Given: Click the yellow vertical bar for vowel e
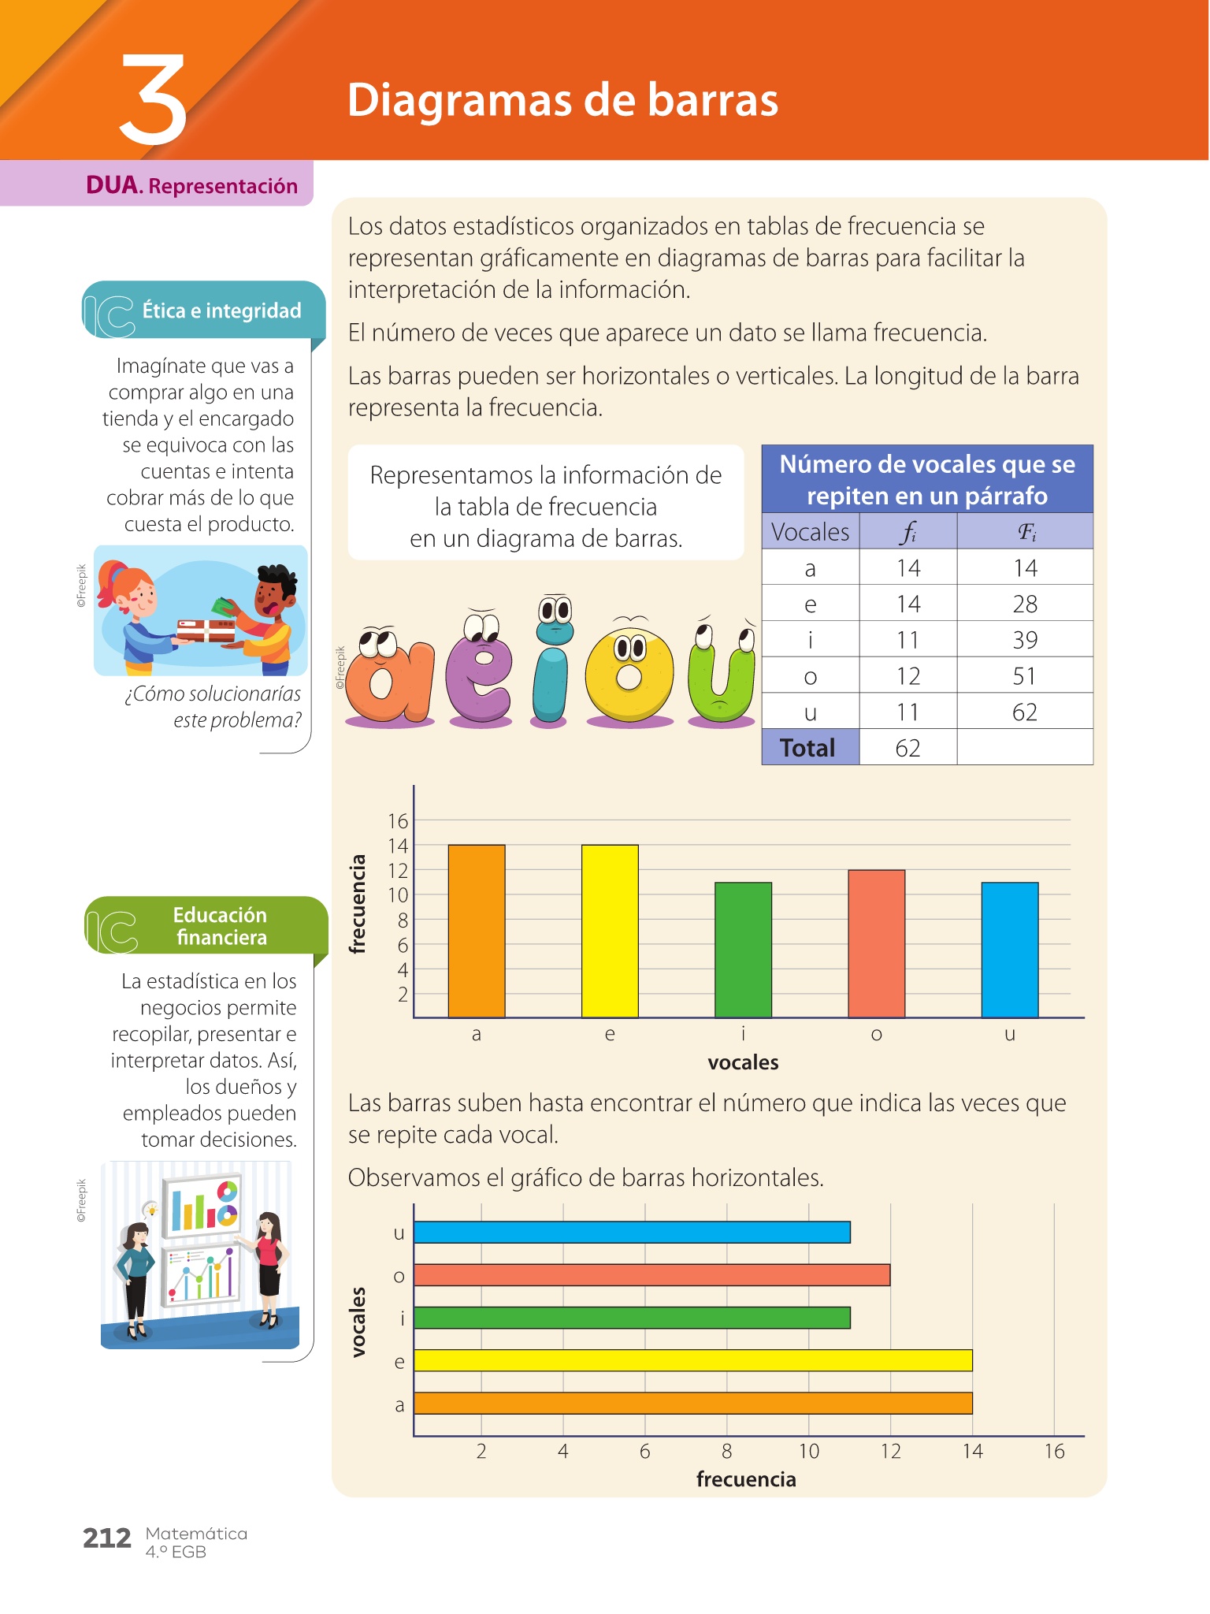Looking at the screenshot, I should [610, 931].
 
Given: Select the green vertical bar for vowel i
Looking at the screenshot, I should [743, 950].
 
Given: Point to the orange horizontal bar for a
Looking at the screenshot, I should [692, 1403].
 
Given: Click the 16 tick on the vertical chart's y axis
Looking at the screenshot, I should [399, 821].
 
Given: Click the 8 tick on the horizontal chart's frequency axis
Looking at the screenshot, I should [726, 1451].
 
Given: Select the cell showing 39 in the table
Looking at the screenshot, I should [1024, 639].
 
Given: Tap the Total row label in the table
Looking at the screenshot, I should [808, 747].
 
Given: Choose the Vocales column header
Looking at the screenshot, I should [810, 532].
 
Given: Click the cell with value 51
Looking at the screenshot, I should [1024, 675].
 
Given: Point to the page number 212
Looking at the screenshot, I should [107, 1538].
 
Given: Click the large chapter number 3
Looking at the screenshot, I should [154, 100].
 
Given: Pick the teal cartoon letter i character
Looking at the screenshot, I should [551, 666].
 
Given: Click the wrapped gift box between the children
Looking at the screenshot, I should [205, 630].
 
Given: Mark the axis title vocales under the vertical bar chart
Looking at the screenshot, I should [743, 1062].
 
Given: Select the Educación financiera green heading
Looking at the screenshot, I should [221, 926].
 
